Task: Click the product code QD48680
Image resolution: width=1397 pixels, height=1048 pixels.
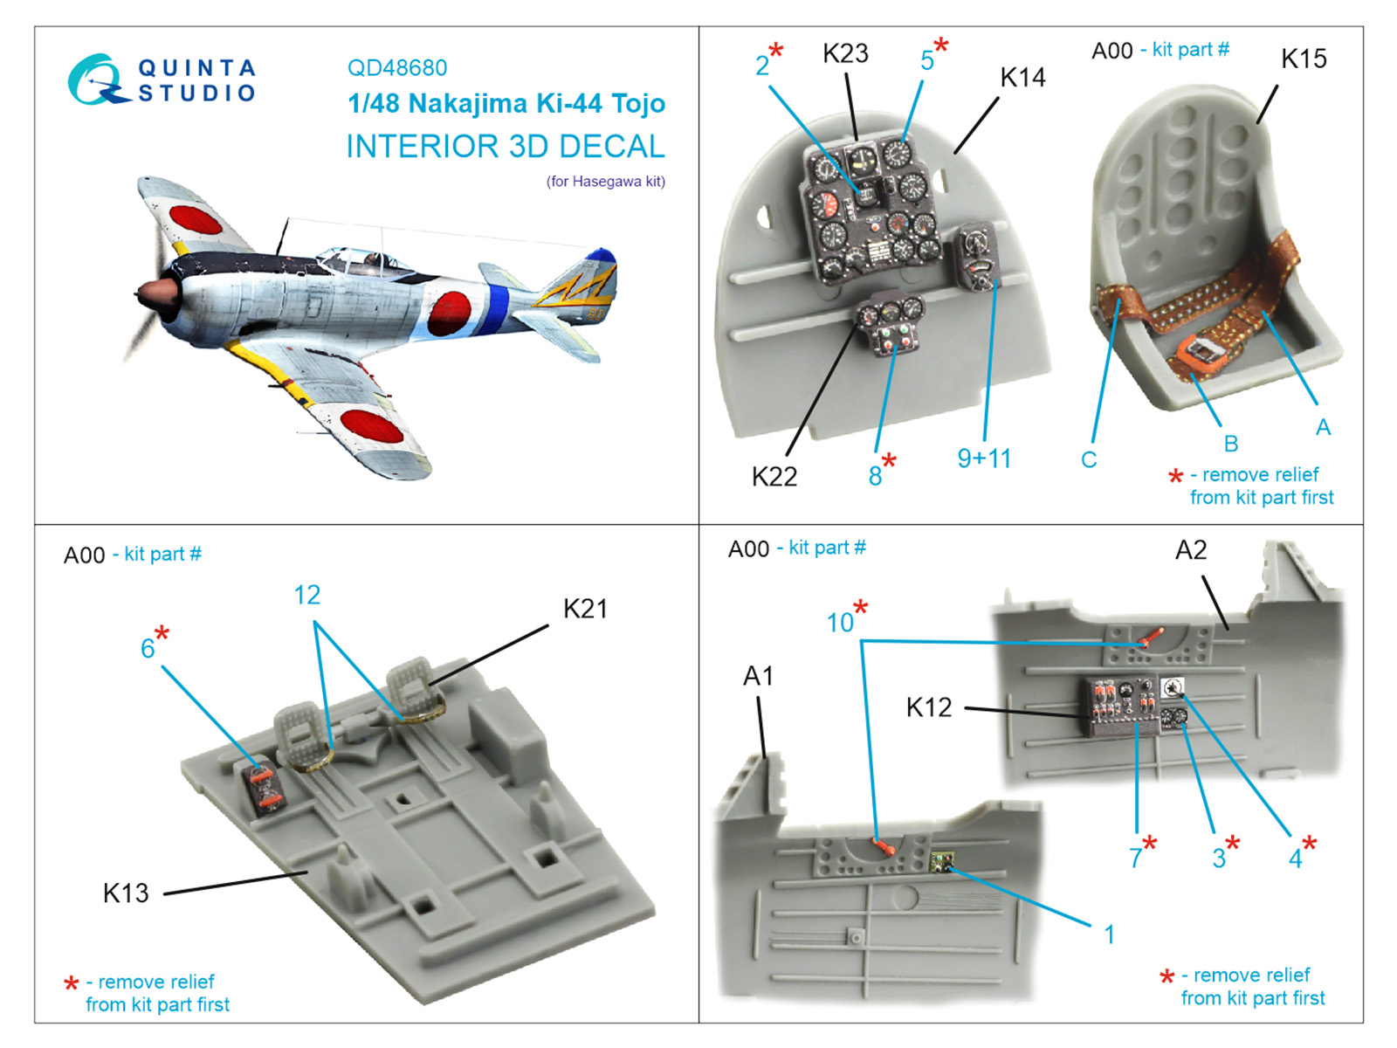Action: (x=397, y=68)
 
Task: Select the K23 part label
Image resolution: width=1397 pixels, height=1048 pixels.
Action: (x=845, y=54)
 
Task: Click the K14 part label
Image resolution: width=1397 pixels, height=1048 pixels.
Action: (x=1022, y=79)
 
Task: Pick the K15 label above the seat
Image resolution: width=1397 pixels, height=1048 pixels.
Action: (x=1303, y=59)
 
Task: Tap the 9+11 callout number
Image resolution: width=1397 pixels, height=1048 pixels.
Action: (x=984, y=459)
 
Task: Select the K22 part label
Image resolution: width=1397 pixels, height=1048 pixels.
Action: (x=774, y=477)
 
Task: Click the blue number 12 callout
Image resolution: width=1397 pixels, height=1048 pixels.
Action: (x=306, y=596)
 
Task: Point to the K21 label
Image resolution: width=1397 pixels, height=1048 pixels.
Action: (x=585, y=609)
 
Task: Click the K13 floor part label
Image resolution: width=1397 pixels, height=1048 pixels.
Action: (x=126, y=893)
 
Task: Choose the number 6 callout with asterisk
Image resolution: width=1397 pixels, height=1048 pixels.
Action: (x=148, y=648)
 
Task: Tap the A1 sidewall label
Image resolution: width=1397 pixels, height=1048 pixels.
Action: (x=758, y=676)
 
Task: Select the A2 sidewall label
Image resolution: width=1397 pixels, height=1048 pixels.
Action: (x=1190, y=550)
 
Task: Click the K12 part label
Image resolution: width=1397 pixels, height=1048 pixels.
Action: (x=928, y=707)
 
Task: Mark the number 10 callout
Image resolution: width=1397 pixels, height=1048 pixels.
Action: (x=840, y=623)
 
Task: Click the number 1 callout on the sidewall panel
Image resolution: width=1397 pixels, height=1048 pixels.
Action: (x=1109, y=935)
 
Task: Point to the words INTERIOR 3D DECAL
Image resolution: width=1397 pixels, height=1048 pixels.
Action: (x=506, y=147)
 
